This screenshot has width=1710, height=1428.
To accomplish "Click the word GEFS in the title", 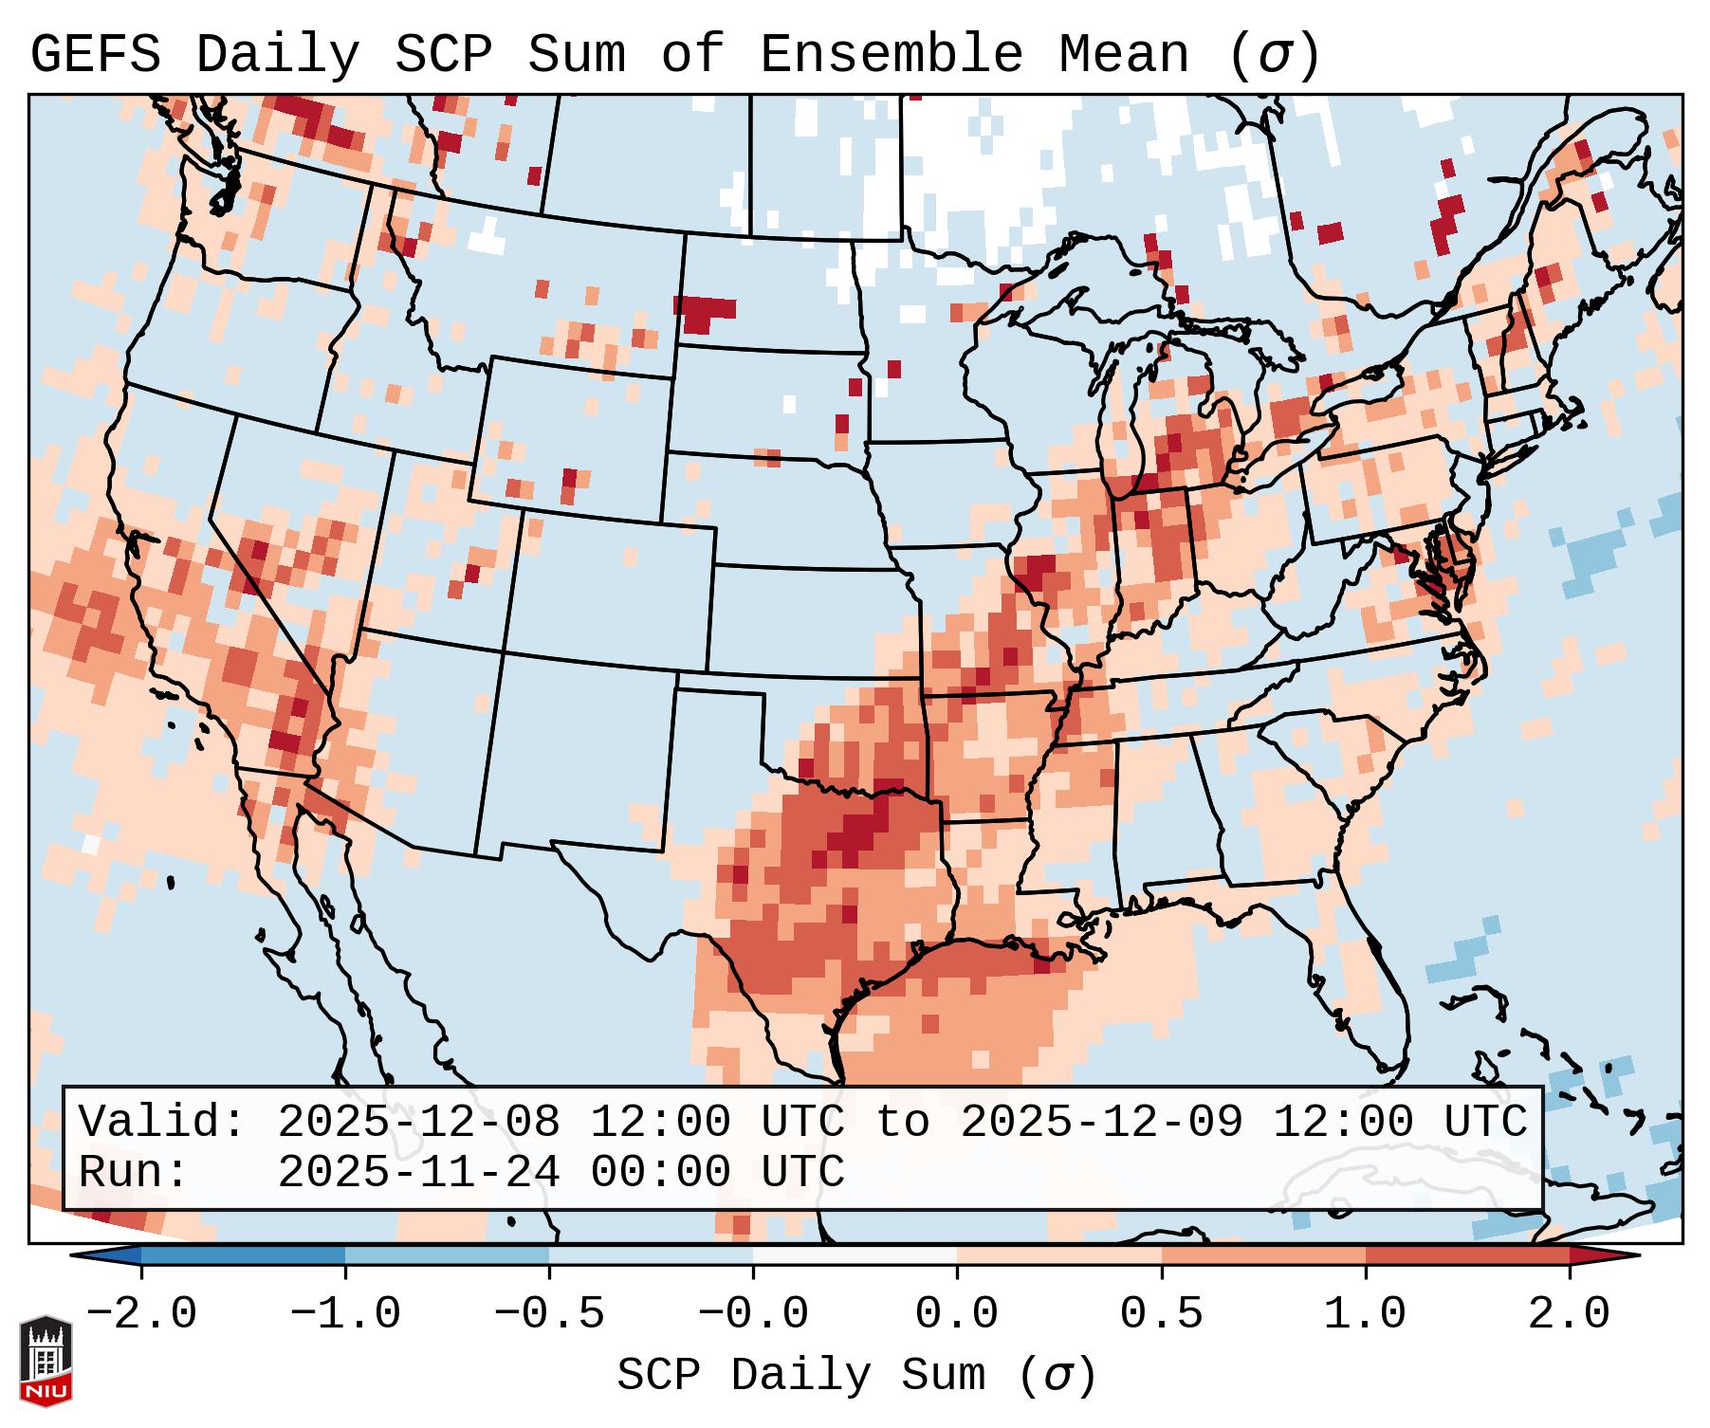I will click(95, 55).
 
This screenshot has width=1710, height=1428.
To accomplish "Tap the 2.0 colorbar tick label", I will click(1569, 1314).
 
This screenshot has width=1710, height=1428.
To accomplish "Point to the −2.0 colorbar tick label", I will click(141, 1314).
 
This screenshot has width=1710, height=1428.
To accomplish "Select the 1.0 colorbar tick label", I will click(1365, 1314).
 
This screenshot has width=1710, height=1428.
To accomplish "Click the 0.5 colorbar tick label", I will click(1161, 1314).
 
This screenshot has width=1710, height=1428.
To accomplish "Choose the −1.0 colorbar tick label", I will click(345, 1314).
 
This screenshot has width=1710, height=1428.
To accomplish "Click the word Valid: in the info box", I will click(161, 1122).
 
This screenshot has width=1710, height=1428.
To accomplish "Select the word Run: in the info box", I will click(133, 1172).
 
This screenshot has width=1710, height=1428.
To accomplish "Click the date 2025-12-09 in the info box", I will click(1101, 1122).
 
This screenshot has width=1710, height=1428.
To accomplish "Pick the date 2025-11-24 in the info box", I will click(418, 1172).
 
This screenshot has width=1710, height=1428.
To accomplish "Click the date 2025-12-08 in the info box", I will click(418, 1122).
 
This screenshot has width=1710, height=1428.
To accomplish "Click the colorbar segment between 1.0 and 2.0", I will click(1466, 1255).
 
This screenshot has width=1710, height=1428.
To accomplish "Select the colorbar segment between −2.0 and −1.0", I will click(243, 1255).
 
